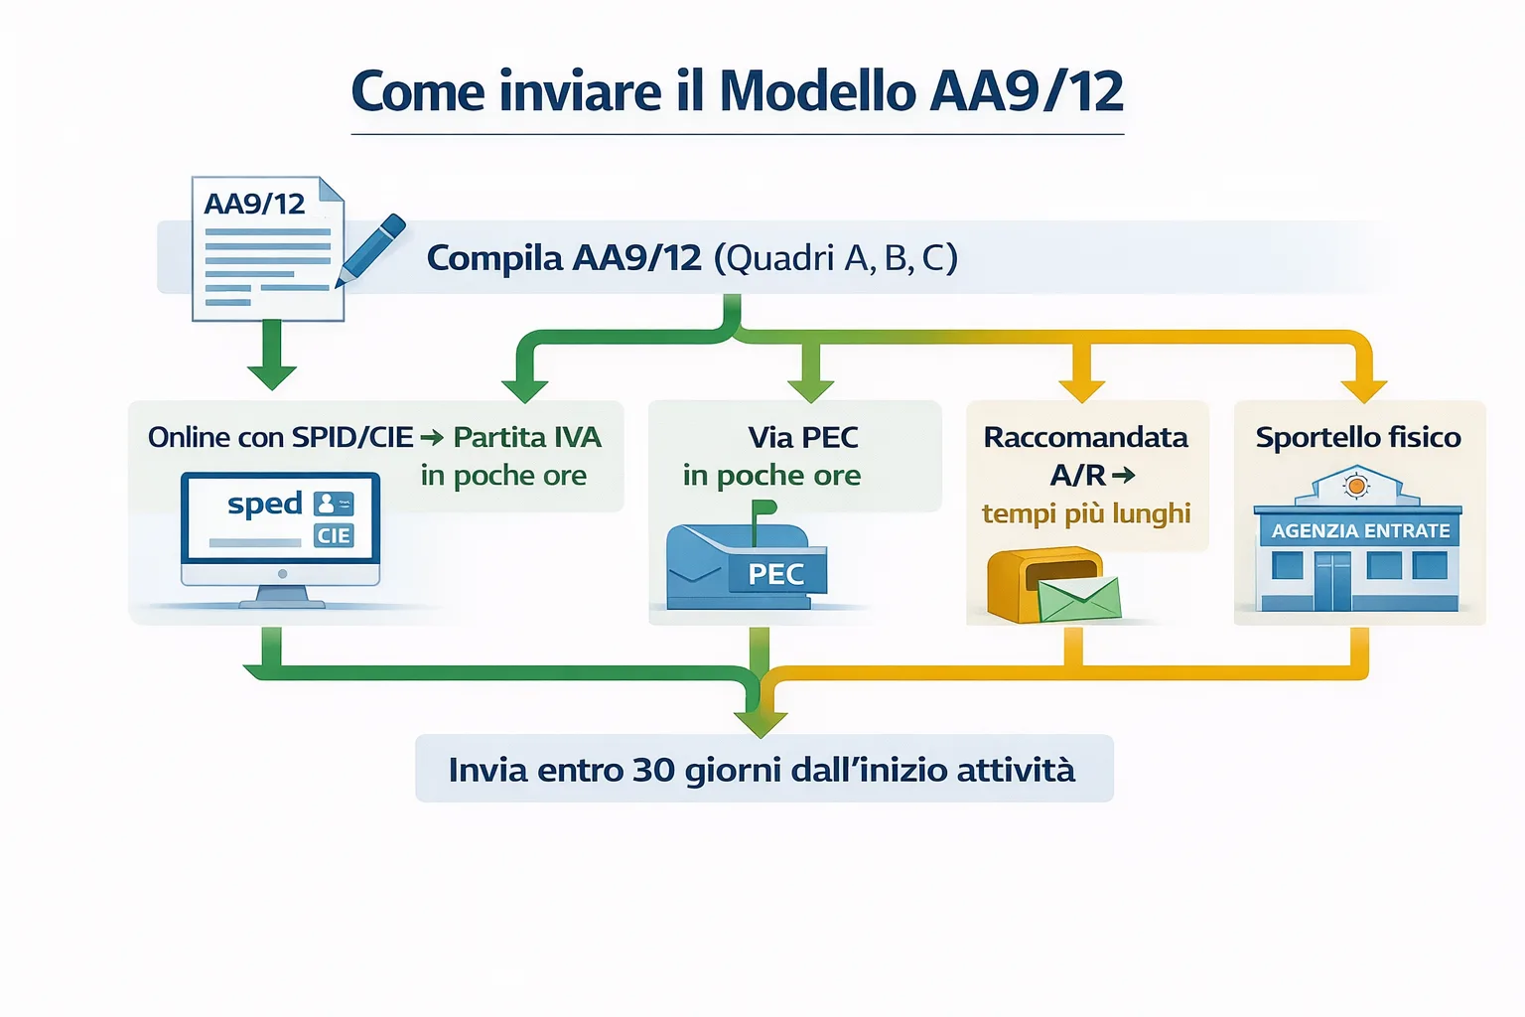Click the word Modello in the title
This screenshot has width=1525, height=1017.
[817, 92]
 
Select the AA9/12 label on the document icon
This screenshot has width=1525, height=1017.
[254, 204]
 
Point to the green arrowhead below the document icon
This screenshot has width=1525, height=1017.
[271, 375]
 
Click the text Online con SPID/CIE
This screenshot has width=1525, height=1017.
[280, 437]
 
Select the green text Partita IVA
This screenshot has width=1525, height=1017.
[527, 437]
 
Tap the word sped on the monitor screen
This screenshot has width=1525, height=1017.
[264, 505]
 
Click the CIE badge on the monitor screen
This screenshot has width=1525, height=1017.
[334, 536]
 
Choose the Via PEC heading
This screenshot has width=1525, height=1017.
[802, 437]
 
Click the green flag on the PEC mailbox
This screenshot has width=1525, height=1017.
[762, 508]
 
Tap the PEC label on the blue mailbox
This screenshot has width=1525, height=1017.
[775, 574]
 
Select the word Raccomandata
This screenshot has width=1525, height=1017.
[1085, 437]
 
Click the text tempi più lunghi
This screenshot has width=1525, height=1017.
[1085, 513]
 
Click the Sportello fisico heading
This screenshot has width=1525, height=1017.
[1357, 437]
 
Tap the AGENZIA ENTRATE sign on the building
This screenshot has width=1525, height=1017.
[1360, 531]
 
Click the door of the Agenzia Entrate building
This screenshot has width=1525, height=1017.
[1332, 581]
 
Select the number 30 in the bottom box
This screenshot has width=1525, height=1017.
[652, 770]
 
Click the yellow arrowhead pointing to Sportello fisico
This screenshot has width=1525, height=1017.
[1363, 389]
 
